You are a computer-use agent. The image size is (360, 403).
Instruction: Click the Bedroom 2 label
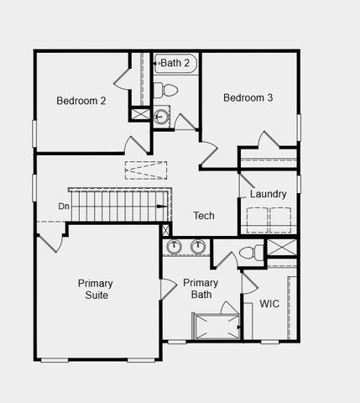click(81, 102)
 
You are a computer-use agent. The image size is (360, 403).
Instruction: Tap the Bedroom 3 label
click(248, 98)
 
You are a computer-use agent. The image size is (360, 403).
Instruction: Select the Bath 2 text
click(177, 63)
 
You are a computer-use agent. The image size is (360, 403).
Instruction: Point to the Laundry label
click(269, 195)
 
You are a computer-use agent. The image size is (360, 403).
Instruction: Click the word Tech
click(204, 216)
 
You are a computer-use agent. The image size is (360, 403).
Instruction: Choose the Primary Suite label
click(95, 289)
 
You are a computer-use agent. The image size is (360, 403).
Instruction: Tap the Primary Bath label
click(201, 289)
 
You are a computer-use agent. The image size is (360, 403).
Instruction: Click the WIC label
click(269, 304)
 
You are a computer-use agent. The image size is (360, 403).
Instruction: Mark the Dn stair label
click(64, 207)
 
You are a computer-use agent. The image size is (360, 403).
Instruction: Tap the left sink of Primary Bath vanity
click(175, 247)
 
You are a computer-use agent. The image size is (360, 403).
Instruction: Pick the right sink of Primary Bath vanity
click(199, 247)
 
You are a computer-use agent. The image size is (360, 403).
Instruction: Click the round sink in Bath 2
click(162, 117)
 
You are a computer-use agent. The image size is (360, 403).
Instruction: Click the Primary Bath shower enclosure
click(215, 325)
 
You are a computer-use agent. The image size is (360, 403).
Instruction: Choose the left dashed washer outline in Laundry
click(255, 220)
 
